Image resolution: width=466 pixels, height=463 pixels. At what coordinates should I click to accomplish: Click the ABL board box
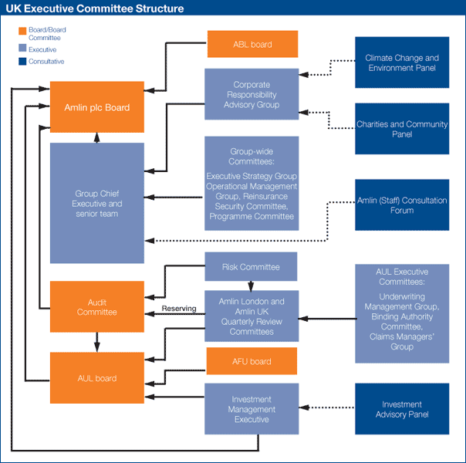pos(252,44)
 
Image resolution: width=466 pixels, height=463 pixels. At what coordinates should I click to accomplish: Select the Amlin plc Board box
pos(97,107)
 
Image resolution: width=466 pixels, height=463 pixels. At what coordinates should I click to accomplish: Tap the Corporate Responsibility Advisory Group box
pos(252,94)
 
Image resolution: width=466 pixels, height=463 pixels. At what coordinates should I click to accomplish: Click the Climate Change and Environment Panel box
pos(402,63)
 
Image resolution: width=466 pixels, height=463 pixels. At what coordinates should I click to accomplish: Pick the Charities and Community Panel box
pos(402,129)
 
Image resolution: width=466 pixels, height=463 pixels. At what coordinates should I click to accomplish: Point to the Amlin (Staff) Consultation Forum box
pos(402,204)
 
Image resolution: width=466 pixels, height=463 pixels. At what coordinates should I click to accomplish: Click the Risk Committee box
pos(251,266)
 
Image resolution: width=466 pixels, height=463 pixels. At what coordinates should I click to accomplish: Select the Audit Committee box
pos(97,306)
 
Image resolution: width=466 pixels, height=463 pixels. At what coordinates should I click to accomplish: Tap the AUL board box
pos(97,378)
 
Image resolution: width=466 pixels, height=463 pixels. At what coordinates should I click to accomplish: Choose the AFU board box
pos(252,361)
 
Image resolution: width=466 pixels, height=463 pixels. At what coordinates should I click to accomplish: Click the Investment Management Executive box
pos(252,409)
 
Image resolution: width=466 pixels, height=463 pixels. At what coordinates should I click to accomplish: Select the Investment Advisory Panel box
pos(402,409)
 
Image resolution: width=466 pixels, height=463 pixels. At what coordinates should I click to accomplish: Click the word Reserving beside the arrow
pos(179,309)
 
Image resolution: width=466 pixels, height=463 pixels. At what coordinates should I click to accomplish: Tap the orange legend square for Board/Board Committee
pos(22,31)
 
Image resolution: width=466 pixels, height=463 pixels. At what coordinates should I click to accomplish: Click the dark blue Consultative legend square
pos(22,61)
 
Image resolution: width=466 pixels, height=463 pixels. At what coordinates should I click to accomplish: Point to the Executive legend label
pos(42,49)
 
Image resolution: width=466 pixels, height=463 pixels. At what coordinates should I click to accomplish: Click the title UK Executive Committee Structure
pos(95,8)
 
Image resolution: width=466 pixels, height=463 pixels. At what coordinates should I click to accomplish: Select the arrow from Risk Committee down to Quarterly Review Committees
pos(251,286)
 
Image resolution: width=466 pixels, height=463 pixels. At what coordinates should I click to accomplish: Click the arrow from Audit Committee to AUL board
pos(97,343)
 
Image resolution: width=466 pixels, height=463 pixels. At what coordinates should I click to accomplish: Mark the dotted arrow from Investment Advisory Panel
pos(327,407)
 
